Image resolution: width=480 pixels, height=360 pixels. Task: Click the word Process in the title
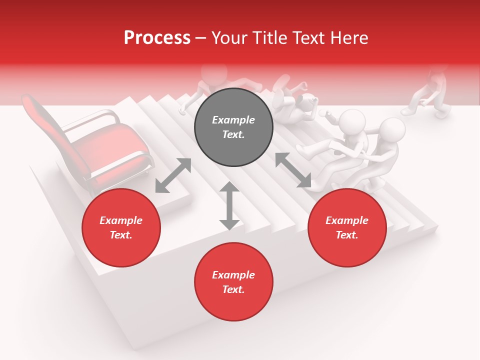157,38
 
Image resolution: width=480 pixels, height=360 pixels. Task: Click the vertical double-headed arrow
229,205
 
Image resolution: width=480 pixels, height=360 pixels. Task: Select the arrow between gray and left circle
173,175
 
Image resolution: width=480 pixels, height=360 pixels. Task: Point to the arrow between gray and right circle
293,170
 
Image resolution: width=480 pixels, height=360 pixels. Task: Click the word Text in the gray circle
233,135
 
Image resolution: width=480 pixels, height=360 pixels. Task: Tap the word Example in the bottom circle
233,275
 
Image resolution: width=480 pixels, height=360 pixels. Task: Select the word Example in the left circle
120,220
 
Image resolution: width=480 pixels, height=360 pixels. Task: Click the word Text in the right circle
346,235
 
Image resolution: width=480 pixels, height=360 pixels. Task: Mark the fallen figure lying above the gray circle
295,100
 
